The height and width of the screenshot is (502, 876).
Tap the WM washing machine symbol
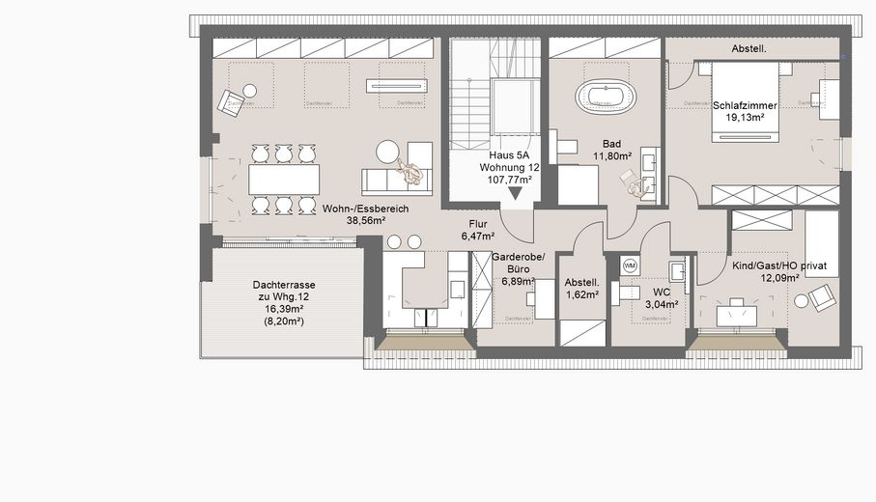point(630,265)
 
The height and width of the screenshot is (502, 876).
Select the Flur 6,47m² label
point(477,229)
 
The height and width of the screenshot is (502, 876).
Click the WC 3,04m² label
point(662,296)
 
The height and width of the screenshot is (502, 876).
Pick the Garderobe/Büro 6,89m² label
point(518,268)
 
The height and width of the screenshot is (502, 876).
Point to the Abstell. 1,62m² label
point(581,288)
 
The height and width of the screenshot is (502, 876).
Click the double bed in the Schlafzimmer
point(745,101)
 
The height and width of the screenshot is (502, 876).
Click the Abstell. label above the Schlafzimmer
point(750,47)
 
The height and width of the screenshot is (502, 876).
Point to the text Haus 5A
point(508,154)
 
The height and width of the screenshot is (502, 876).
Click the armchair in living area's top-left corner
point(231,101)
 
